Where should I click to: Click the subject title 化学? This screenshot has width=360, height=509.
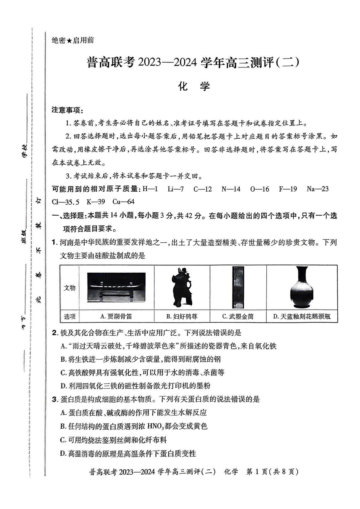(x=194, y=86)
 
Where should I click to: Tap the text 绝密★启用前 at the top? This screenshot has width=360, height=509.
(x=73, y=40)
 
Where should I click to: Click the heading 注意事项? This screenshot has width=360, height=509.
(x=67, y=110)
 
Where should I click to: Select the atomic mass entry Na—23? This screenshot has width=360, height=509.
(x=317, y=189)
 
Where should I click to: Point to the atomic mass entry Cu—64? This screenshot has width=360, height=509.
(x=123, y=202)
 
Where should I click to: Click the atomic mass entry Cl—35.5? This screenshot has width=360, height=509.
(x=65, y=202)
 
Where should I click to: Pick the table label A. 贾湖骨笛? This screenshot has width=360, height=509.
(x=116, y=316)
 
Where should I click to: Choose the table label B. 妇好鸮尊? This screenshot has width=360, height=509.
(x=182, y=316)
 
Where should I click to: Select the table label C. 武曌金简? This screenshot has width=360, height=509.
(x=238, y=316)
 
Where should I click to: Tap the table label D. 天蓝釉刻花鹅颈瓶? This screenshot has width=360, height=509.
(x=302, y=316)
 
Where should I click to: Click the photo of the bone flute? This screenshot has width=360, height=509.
(x=116, y=287)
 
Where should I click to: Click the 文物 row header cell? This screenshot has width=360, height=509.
(x=70, y=288)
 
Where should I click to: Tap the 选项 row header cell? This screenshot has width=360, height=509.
(x=70, y=316)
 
